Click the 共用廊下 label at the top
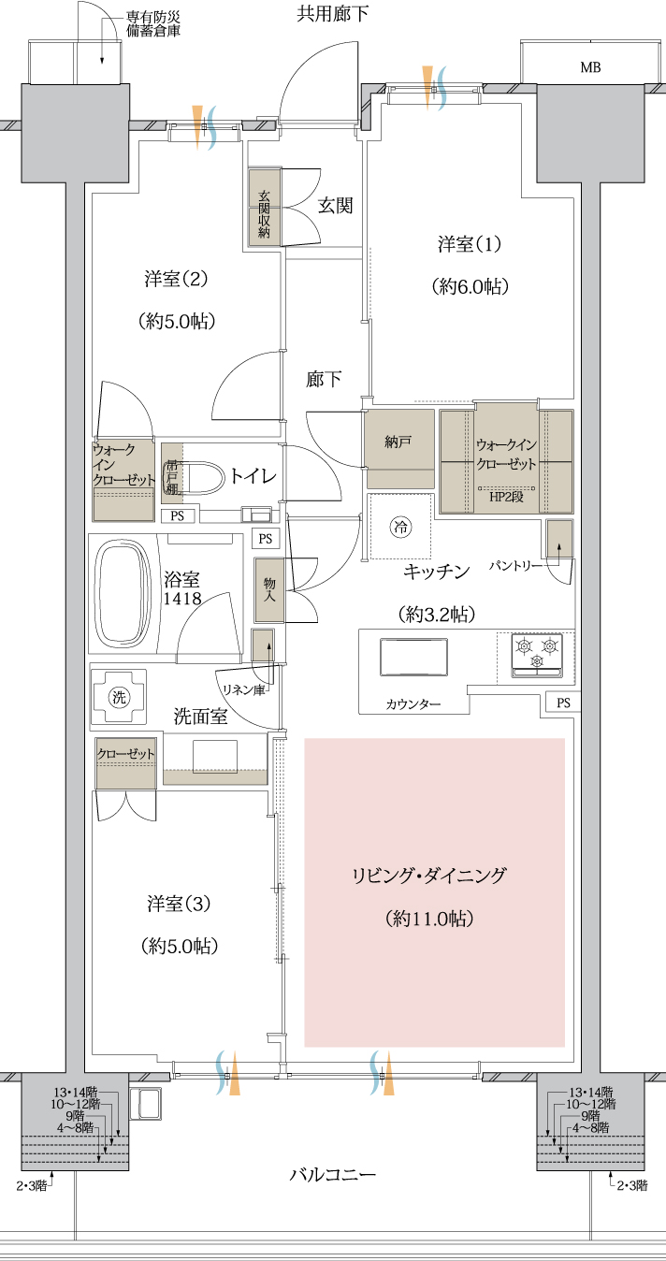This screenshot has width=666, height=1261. pos(333,13)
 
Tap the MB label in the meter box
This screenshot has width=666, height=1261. pos(590,67)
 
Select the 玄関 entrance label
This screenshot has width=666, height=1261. pos(336,206)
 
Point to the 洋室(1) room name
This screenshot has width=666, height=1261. pos(470,244)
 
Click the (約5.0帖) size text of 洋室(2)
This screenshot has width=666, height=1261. pos(177,322)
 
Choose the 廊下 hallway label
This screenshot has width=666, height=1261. pos(324,379)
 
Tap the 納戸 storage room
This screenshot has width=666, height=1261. pos(399,449)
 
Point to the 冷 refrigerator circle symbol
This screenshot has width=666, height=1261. pos(401,527)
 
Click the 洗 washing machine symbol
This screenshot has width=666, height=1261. pos(119,697)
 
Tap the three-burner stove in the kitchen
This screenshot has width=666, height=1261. pos(537,655)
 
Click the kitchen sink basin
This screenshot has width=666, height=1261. pos(413,657)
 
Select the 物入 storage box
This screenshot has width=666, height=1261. pos(269,590)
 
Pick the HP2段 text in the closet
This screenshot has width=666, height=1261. pos(506,497)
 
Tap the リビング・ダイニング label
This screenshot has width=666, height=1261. pos(429,876)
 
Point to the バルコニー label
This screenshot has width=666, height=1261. pos(333,1174)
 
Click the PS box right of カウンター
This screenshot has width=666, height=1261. pos(563,703)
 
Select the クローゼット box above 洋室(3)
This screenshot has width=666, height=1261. pos(125,762)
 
